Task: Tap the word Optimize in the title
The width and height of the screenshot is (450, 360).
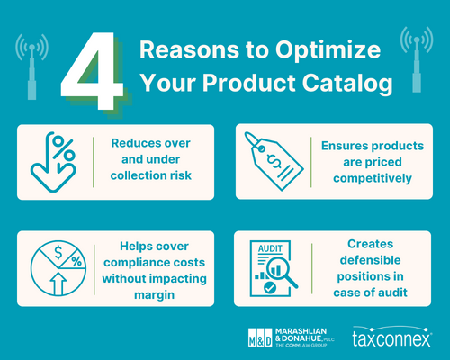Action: [x=328, y=50]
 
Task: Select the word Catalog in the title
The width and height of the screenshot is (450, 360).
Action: [x=347, y=83]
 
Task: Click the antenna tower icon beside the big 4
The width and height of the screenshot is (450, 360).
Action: [x=31, y=67]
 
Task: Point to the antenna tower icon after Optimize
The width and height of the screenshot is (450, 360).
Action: [x=417, y=59]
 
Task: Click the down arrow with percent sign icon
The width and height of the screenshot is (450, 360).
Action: [x=53, y=162]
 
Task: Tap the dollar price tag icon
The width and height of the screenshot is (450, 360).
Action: [x=274, y=161]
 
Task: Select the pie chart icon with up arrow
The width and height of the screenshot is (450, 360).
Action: [x=58, y=268]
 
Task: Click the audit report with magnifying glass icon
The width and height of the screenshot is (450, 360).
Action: [x=274, y=268]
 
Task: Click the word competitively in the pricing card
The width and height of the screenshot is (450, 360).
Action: [x=373, y=178]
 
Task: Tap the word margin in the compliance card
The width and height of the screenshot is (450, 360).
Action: [x=154, y=295]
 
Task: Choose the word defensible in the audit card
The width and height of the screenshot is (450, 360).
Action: [x=370, y=260]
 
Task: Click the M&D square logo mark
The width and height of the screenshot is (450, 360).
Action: [x=260, y=337]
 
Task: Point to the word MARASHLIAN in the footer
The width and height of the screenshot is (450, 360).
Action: [x=301, y=331]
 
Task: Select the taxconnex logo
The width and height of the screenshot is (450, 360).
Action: [x=392, y=337]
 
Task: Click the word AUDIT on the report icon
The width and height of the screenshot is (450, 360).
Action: [x=270, y=248]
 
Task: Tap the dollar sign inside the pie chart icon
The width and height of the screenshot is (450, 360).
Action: [x=58, y=253]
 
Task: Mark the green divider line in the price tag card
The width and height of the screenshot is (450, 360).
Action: [x=311, y=162]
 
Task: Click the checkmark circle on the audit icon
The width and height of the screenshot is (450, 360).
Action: [x=270, y=288]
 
